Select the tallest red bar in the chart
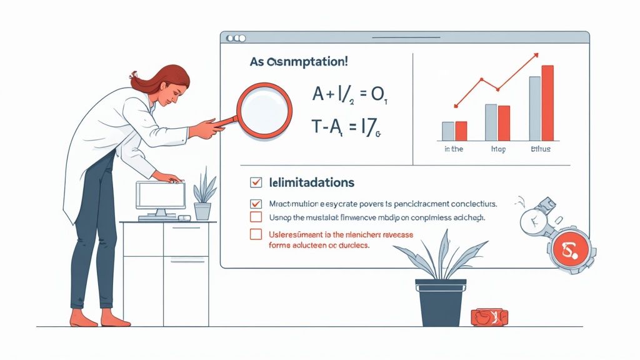pos(547,102)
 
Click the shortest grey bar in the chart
pos(448,131)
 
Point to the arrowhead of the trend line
pos(535,56)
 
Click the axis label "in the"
pos(454,150)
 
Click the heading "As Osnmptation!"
pos(299,62)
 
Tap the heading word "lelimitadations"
pos(312,182)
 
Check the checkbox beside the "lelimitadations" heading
pos(255,182)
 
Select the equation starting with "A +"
pos(351,95)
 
